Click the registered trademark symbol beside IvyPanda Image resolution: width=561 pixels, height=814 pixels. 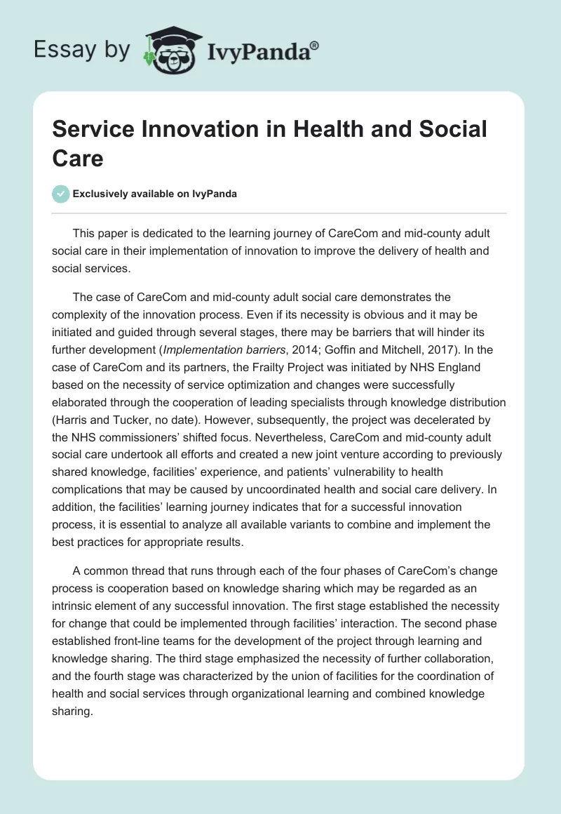pos(315,46)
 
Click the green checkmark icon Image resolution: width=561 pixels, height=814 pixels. pos(62,194)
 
